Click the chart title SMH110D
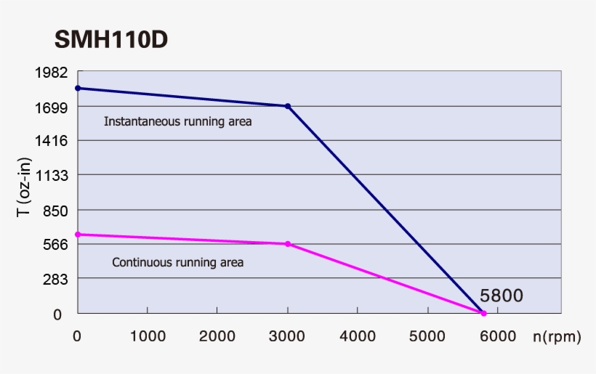coord(111,40)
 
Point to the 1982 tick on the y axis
coord(52,73)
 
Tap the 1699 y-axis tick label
coord(52,107)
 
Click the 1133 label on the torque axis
coord(52,175)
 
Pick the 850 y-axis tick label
coord(55,211)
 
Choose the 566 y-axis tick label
coord(55,244)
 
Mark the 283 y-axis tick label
coord(55,279)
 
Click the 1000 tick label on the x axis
coord(147,336)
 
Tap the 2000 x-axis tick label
coord(217,336)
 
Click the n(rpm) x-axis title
coord(557,337)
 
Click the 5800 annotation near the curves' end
coord(502,296)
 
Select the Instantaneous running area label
coord(177,122)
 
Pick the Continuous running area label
coord(177,262)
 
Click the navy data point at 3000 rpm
coord(288,106)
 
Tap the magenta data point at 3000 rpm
coord(288,244)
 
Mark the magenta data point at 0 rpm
coord(78,235)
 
